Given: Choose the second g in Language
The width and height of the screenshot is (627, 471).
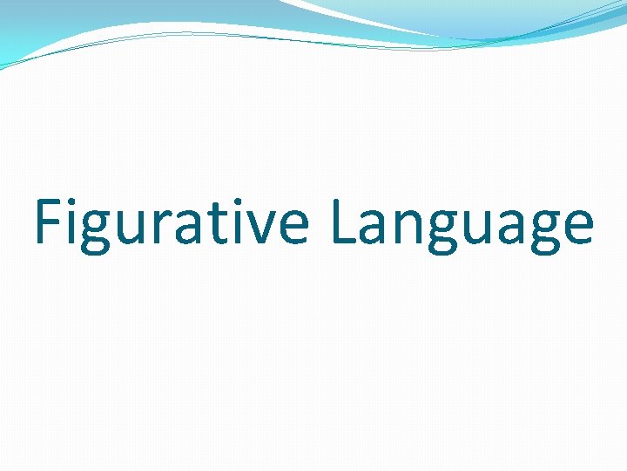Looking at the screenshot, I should [x=541, y=231].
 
